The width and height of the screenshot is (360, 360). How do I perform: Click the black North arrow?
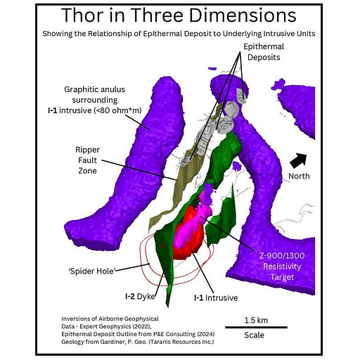click(299, 160)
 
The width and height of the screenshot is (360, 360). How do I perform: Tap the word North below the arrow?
click(299, 176)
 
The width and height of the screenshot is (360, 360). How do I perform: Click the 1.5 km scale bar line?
click(256, 327)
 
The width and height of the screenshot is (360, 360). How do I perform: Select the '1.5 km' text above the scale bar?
click(256, 320)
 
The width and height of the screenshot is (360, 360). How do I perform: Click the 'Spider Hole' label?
click(92, 271)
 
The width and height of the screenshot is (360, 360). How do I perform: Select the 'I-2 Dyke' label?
click(140, 297)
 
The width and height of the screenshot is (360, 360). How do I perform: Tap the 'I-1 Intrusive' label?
click(216, 297)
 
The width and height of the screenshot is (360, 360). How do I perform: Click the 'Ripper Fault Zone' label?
click(87, 160)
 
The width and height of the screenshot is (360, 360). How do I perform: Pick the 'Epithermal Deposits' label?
click(264, 52)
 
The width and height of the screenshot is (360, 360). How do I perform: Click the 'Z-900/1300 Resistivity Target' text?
click(282, 266)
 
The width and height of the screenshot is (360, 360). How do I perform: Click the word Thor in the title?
click(82, 15)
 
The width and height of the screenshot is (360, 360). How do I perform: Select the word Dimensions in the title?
click(243, 15)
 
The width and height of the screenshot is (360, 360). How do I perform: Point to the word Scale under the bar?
click(254, 335)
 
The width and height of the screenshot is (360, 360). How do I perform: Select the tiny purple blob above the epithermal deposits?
click(212, 69)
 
